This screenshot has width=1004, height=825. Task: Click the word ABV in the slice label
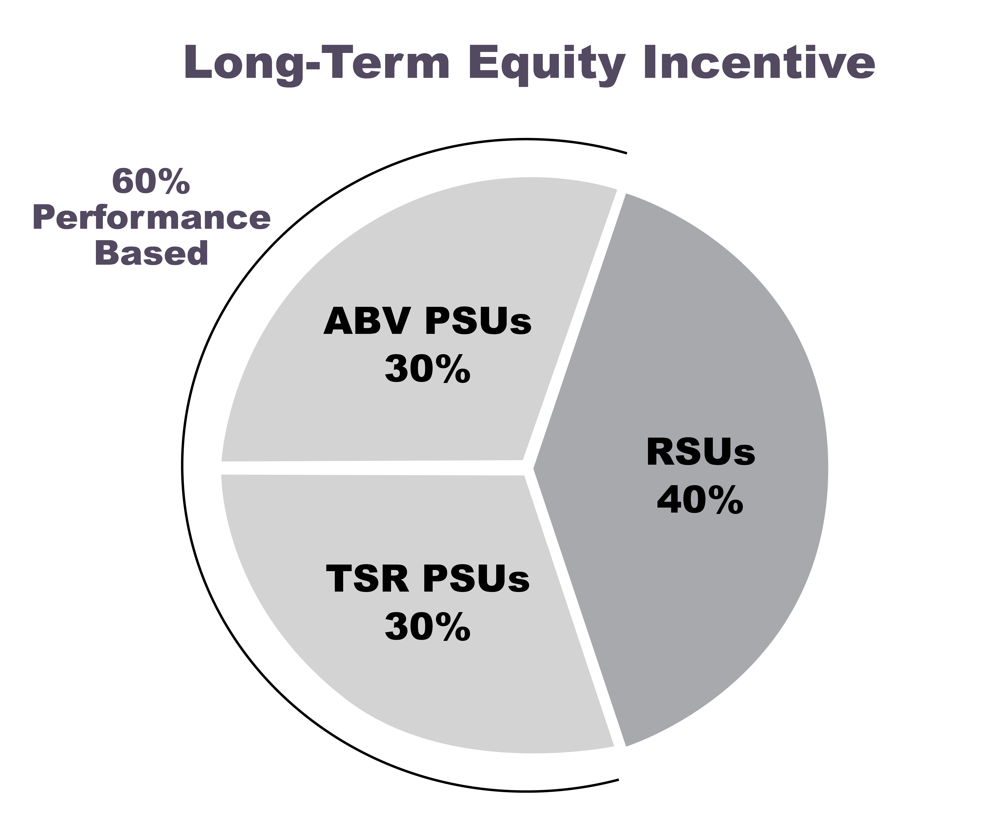[x=366, y=322]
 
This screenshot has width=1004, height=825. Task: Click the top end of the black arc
[x=627, y=153]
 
